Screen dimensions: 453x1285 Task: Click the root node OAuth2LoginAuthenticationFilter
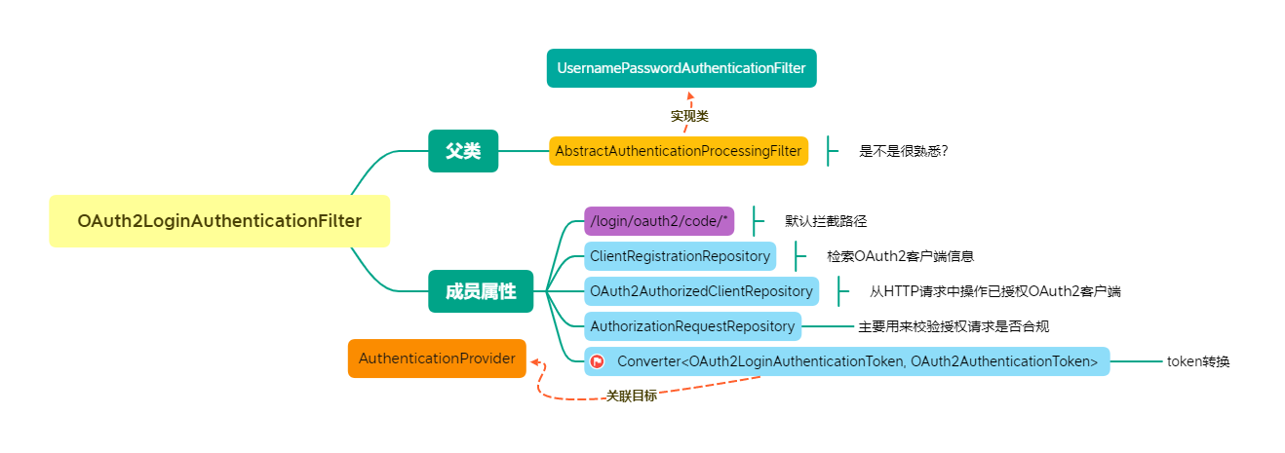coord(219,221)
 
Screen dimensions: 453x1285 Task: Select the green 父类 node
coord(463,151)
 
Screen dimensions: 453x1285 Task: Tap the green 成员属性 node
coord(481,291)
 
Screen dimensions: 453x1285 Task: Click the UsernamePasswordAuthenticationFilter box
coord(681,68)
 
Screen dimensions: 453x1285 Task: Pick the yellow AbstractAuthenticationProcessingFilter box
coord(679,151)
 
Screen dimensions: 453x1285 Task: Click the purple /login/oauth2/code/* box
coord(659,221)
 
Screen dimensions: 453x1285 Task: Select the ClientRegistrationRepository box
coord(680,256)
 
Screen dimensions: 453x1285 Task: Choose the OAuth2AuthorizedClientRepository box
coord(701,291)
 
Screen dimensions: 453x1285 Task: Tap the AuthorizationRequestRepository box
coord(692,326)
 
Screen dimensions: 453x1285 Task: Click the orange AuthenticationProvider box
coord(437,359)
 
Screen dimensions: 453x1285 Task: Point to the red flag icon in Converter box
coord(597,361)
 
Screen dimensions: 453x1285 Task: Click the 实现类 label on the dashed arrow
coord(689,116)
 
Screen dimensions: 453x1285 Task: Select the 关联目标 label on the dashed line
coord(631,396)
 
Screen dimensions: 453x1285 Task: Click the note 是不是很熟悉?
coord(904,151)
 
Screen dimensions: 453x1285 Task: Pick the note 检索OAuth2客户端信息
coord(901,256)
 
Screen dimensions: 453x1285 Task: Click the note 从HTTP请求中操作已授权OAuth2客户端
coord(994,291)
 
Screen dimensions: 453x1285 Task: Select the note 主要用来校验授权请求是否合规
coord(953,326)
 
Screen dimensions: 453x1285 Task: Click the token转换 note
coord(1198,361)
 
